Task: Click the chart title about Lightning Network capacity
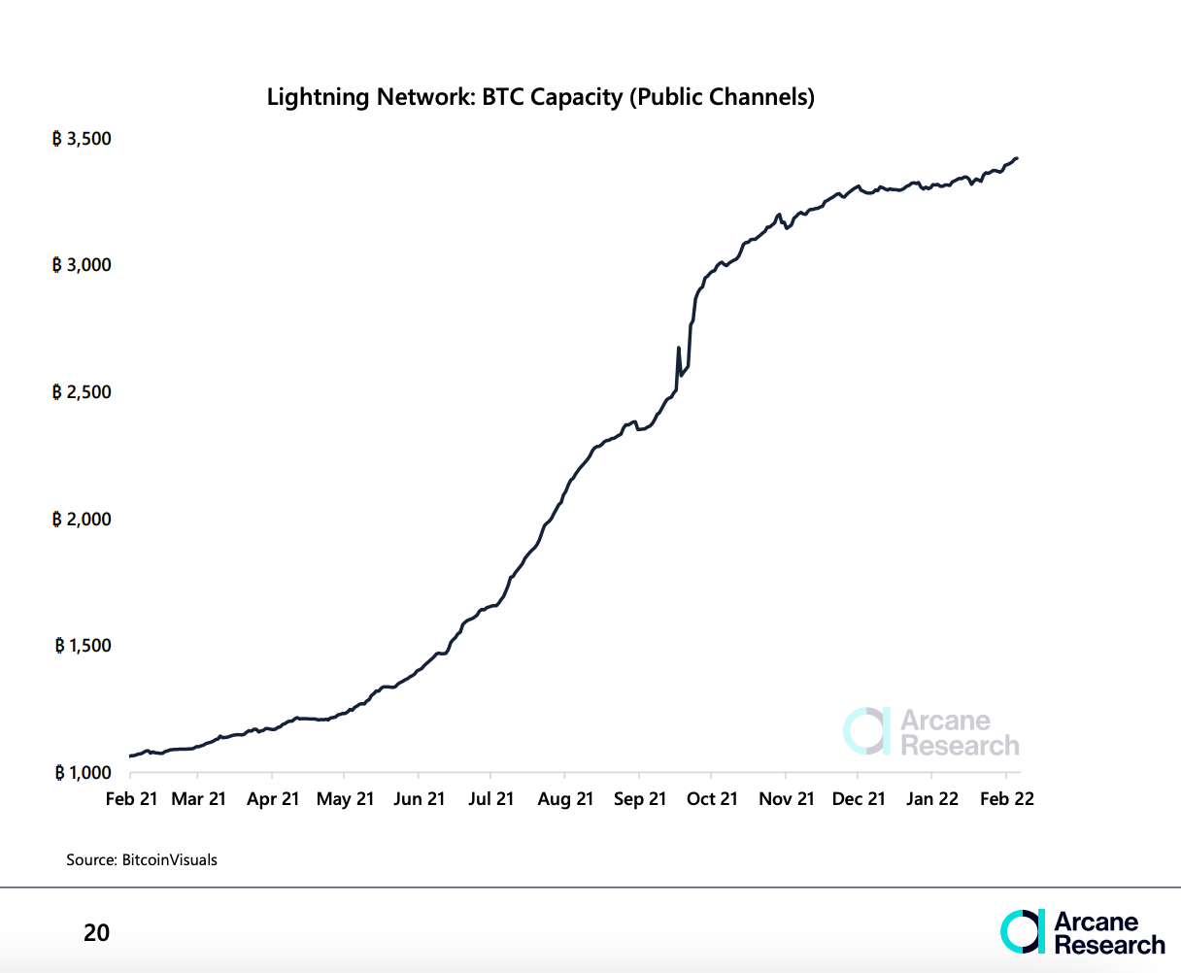point(540,97)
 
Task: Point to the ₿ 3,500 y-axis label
point(83,139)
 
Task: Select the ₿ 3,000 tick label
point(83,265)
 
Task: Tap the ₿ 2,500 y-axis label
point(83,392)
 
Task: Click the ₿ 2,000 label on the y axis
point(83,520)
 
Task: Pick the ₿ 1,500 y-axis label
point(83,646)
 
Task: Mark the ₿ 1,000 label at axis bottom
point(83,773)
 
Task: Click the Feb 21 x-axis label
point(130,798)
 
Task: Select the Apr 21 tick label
point(273,798)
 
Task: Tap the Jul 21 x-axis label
point(490,798)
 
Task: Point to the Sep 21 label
point(639,798)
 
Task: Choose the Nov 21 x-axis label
point(786,798)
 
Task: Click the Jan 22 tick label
point(932,798)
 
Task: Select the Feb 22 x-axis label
point(1007,798)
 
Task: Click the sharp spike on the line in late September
point(678,349)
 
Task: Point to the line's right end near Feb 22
point(1016,158)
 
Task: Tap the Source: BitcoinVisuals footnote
point(142,859)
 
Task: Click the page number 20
point(96,933)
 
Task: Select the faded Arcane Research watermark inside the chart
point(931,733)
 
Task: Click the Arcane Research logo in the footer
point(1082,932)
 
